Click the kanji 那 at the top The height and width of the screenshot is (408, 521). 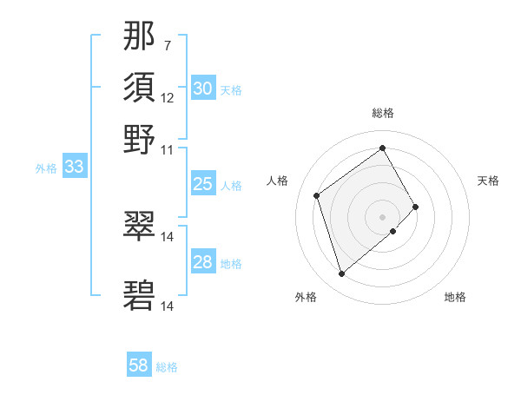point(140,36)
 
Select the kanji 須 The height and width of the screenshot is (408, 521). point(140,88)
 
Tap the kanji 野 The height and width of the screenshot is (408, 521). point(140,139)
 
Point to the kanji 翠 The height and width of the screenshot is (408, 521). point(140,227)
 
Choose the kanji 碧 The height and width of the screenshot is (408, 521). point(140,296)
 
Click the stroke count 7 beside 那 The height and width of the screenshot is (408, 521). point(167,45)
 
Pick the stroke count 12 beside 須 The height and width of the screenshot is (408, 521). point(168,97)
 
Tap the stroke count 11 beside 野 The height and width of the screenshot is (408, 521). point(168,148)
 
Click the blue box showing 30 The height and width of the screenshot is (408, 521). point(202,89)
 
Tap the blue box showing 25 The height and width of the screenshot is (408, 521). point(202,184)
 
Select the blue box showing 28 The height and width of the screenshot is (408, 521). point(202,262)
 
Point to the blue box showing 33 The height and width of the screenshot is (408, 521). point(74,167)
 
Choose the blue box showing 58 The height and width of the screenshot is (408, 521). point(139,366)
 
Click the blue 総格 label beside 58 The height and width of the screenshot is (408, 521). point(168,367)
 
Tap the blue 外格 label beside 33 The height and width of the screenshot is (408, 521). point(46,168)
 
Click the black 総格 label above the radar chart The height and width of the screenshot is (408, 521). point(383,113)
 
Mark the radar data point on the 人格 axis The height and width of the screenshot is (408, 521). point(317,195)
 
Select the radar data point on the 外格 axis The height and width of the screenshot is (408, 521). point(341,274)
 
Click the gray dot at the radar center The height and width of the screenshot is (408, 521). point(383,215)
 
